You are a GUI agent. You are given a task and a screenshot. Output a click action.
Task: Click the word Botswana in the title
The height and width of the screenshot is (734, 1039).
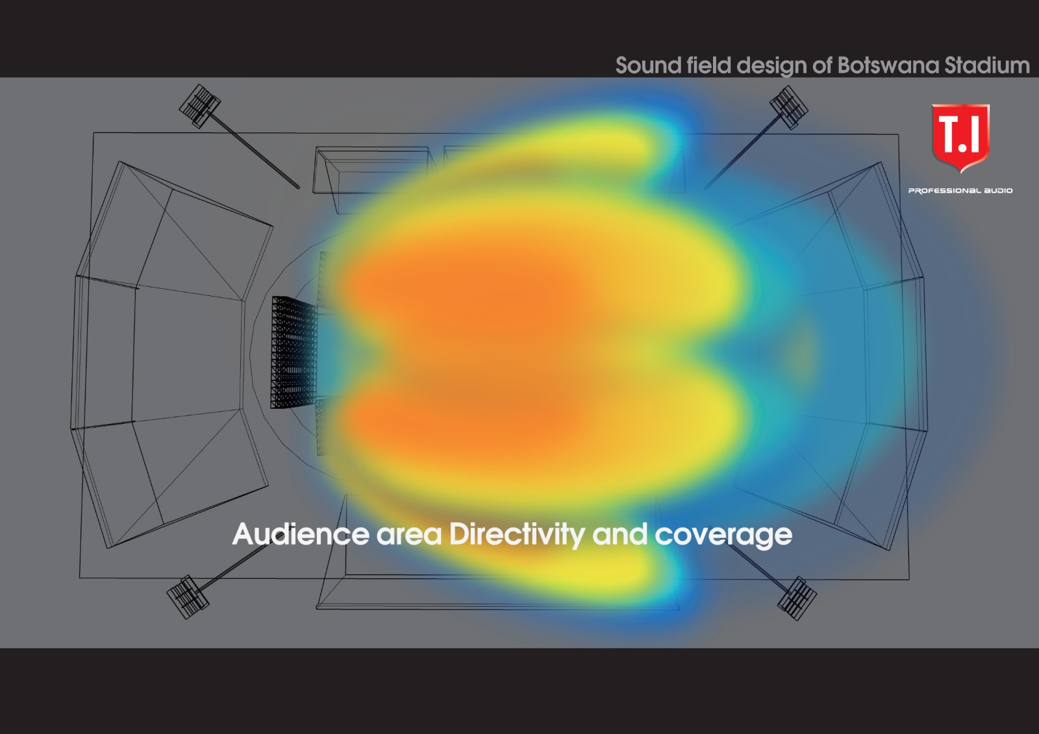(x=888, y=66)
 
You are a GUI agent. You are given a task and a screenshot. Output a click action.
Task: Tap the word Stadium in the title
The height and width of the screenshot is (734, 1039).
(x=987, y=66)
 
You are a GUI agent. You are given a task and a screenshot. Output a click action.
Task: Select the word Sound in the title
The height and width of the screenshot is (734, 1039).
(x=648, y=66)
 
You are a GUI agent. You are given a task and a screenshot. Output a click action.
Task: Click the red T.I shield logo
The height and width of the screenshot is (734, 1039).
(x=960, y=138)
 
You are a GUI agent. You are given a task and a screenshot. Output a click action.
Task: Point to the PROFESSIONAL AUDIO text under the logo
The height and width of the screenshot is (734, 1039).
(x=960, y=191)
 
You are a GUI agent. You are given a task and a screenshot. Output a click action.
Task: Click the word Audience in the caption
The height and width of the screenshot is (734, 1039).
(x=301, y=534)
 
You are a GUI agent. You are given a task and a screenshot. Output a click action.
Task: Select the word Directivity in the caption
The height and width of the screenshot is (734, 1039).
(x=517, y=535)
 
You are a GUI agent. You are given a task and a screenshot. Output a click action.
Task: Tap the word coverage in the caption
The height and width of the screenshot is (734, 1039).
(x=723, y=537)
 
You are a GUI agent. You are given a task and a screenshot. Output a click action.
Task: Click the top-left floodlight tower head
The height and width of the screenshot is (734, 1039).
(x=199, y=106)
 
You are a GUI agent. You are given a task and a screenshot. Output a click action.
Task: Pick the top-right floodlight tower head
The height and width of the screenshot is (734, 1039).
(x=789, y=107)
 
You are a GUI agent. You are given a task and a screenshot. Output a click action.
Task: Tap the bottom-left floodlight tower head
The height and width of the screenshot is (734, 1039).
(x=188, y=597)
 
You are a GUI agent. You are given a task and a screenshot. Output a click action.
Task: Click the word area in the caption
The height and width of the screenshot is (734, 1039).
(x=408, y=537)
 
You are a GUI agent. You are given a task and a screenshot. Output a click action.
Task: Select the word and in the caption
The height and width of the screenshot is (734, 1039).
(x=620, y=535)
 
